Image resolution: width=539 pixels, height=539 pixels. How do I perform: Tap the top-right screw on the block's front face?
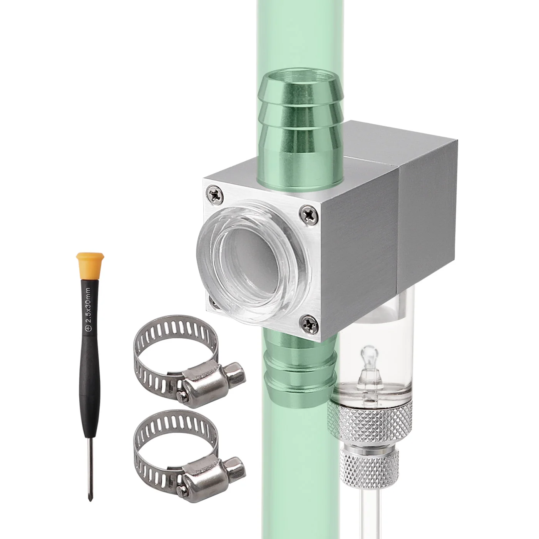[x=310, y=214]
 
